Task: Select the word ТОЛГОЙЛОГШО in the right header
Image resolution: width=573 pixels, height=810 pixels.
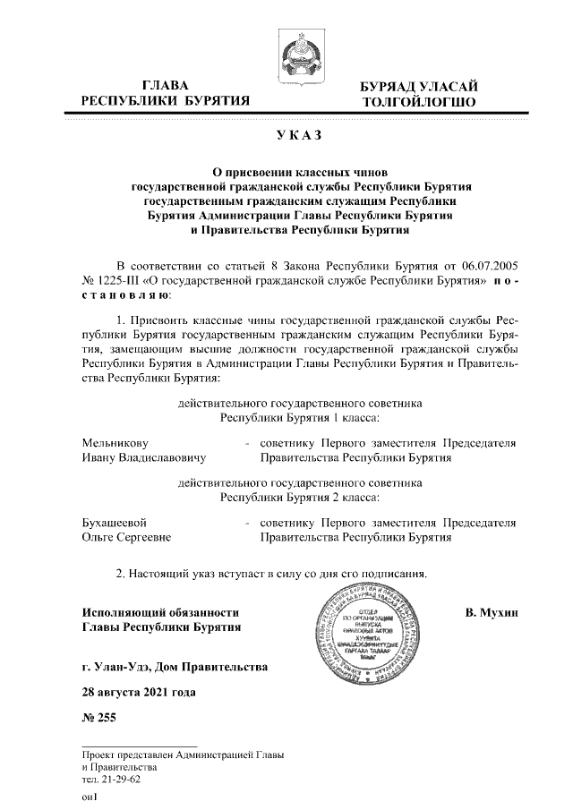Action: coord(418,102)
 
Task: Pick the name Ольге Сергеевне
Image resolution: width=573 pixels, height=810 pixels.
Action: coord(126,538)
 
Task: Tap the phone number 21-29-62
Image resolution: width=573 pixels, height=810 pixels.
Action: coord(112,779)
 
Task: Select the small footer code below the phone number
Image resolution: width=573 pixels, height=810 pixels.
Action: coord(89,797)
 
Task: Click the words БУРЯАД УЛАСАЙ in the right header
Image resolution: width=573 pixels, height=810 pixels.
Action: coord(418,86)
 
